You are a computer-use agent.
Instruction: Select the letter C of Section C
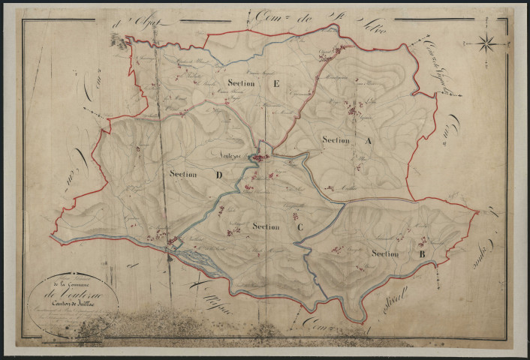tap(300, 226)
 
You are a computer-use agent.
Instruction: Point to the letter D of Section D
tap(218, 175)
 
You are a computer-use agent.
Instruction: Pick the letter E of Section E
tap(276, 85)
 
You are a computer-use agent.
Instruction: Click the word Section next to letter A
tap(336, 139)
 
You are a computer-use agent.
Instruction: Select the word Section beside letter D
tap(184, 175)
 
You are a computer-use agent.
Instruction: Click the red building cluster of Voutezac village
tap(259, 158)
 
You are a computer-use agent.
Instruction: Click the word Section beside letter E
tap(239, 85)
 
